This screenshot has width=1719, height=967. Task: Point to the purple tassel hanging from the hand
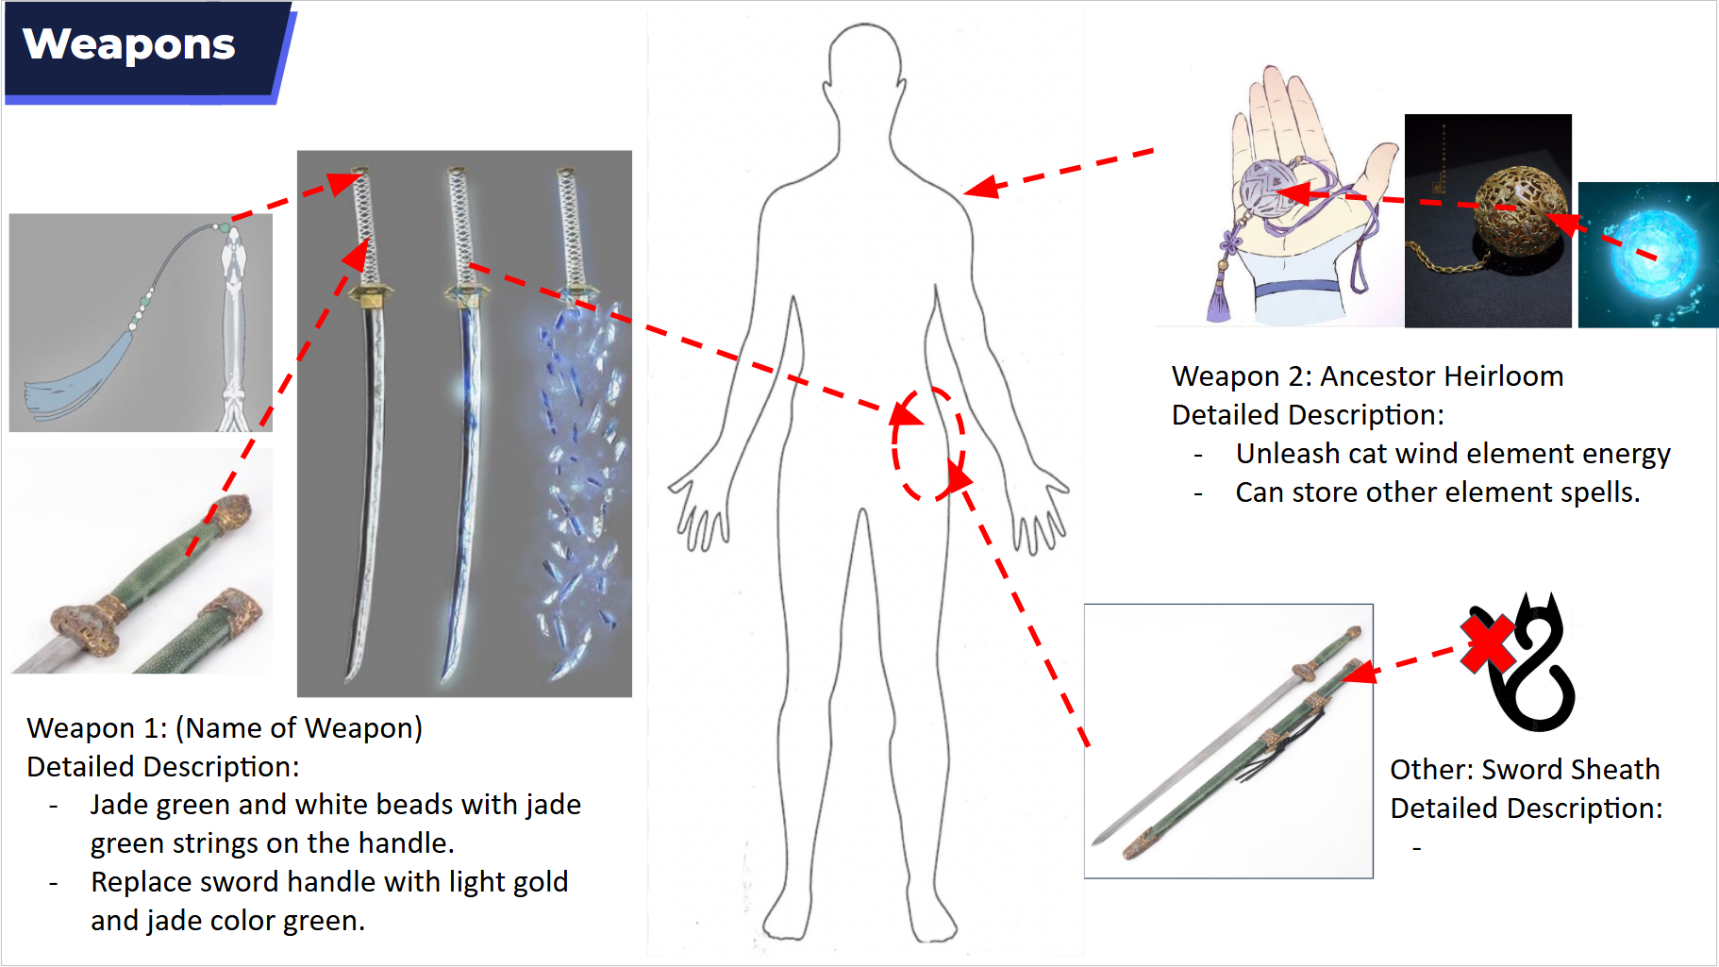(1220, 298)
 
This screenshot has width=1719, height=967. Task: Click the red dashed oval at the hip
(928, 443)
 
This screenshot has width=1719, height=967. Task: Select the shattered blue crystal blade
(578, 491)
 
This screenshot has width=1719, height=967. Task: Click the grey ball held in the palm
(1270, 189)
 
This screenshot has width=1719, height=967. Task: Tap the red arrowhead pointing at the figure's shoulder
(981, 187)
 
